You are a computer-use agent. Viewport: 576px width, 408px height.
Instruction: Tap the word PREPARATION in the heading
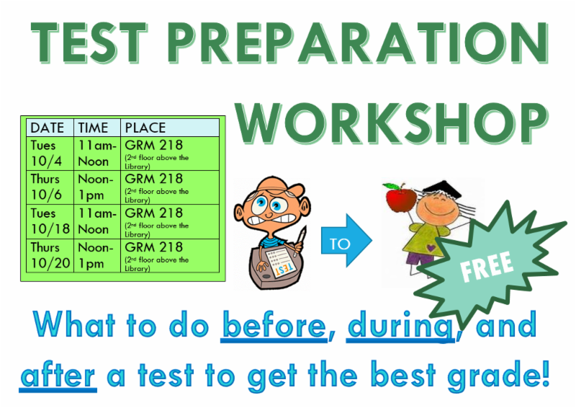[x=359, y=43]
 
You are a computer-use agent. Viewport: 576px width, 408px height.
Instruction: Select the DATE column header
[x=48, y=128]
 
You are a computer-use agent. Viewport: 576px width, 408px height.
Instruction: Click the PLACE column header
[x=145, y=128]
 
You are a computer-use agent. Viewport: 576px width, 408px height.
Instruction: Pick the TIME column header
[x=94, y=128]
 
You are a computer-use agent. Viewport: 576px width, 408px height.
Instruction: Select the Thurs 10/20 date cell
[x=50, y=256]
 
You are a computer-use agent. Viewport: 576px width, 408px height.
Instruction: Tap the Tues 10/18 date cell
[x=50, y=221]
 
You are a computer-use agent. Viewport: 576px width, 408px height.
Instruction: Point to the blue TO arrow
[x=347, y=241]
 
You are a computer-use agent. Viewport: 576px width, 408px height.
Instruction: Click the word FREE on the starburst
[x=487, y=267]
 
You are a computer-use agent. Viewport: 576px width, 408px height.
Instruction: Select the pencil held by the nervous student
[x=299, y=241]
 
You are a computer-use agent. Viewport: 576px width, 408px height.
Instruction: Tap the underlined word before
[x=274, y=325]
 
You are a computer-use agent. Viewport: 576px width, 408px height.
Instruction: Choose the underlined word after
[x=58, y=376]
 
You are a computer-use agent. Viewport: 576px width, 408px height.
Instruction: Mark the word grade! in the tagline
[x=498, y=376]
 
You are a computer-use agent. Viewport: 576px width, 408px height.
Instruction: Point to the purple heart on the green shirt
[x=431, y=247]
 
